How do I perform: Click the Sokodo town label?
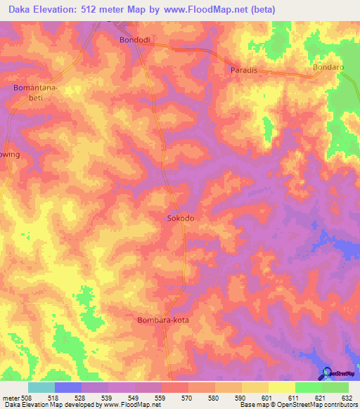(x=180, y=219)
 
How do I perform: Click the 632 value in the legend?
(x=347, y=398)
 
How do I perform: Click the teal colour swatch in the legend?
(x=41, y=387)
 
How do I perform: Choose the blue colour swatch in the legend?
(x=68, y=387)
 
